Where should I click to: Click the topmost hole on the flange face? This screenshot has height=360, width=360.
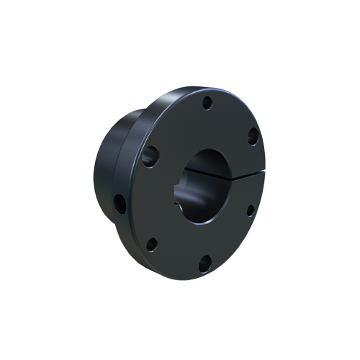207,103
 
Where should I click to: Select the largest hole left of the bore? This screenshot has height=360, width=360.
151,154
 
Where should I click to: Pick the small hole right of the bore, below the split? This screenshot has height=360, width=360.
250,210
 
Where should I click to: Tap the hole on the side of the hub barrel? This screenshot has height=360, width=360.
120,204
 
